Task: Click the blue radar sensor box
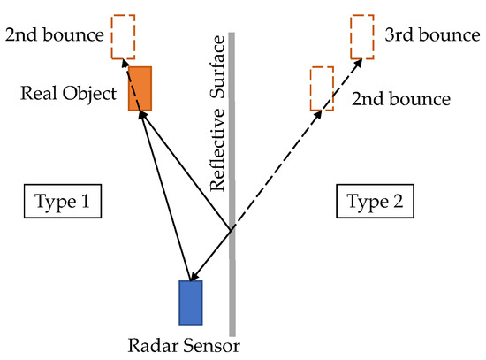(191, 303)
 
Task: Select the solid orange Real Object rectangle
(140, 88)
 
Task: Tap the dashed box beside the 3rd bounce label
(361, 35)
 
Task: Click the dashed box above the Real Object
(125, 36)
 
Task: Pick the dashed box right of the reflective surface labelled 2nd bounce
(322, 88)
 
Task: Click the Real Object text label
(70, 92)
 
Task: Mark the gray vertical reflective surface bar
(232, 265)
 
